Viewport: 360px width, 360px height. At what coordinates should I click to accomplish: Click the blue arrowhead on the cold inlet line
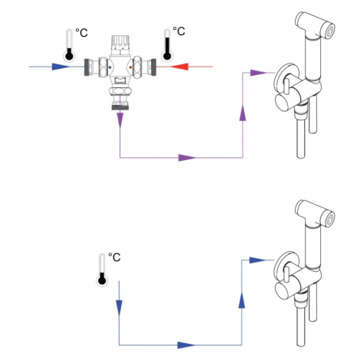61,67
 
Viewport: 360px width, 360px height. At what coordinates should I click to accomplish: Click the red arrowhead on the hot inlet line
180,67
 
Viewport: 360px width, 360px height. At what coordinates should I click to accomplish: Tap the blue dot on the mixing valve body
110,67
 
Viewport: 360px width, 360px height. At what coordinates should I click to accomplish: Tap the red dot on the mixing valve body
130,67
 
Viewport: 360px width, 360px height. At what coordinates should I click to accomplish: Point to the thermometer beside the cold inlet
69,45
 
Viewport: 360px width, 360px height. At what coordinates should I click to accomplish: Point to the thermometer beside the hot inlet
167,44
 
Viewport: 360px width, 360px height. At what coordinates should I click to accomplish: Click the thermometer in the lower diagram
102,270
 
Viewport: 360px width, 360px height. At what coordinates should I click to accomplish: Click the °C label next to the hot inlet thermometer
178,31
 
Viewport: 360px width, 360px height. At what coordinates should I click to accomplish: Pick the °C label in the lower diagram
114,257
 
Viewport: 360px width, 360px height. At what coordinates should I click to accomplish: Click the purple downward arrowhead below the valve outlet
120,120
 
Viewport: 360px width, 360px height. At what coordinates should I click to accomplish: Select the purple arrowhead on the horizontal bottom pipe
187,158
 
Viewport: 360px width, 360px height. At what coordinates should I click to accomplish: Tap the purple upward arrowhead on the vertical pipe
243,113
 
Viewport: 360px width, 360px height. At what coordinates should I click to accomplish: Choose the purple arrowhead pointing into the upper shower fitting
258,73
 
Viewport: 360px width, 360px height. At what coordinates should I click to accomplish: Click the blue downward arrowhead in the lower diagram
119,308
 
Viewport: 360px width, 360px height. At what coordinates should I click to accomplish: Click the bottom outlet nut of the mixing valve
120,91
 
